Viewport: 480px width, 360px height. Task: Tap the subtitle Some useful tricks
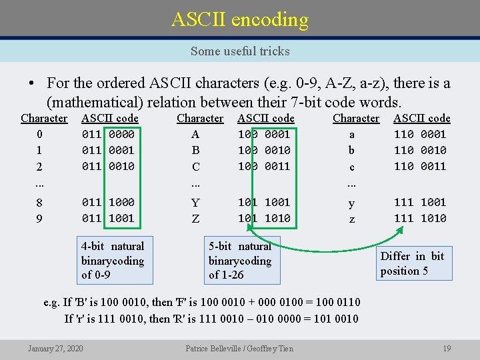(240, 51)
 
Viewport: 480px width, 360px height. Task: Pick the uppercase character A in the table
(195, 134)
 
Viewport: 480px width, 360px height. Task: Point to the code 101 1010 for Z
(264, 218)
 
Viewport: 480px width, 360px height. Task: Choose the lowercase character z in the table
(352, 219)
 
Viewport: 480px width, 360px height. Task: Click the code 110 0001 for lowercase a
(420, 134)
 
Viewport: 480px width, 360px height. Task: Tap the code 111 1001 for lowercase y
(420, 202)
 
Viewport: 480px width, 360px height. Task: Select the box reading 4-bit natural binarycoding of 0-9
(113, 260)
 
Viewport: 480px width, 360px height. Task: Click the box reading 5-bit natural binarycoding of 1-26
(240, 260)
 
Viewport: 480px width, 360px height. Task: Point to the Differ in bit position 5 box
(412, 263)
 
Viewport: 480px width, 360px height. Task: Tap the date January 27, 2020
(55, 348)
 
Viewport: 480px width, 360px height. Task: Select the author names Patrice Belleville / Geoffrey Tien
(239, 348)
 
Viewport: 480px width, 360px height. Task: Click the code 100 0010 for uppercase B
(264, 150)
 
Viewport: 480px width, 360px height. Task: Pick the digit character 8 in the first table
(40, 203)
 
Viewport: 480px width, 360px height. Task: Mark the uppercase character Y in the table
(195, 203)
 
